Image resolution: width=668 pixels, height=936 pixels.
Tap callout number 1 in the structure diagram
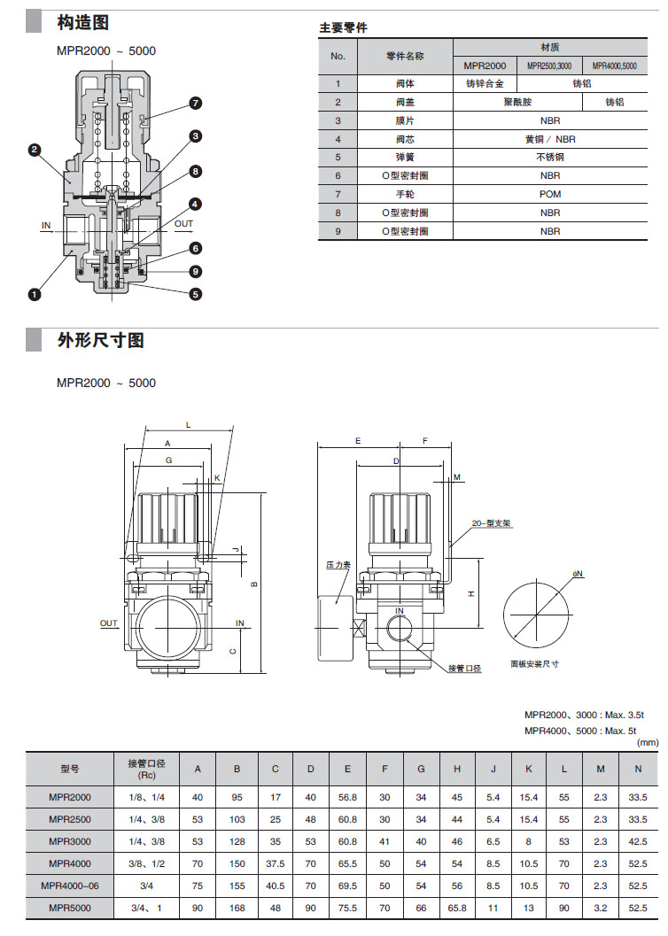(x=34, y=293)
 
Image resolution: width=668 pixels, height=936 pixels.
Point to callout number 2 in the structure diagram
(x=34, y=151)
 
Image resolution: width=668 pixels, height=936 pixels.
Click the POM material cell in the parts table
(x=549, y=194)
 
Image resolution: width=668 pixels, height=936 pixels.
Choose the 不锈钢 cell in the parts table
(x=549, y=157)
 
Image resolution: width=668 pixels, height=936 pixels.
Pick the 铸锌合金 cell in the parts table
(x=484, y=83)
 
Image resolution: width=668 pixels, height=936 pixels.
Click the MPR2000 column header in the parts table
(x=484, y=66)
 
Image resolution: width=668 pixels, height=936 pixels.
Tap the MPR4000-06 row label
(x=70, y=885)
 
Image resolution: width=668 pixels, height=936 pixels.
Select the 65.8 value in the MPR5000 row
(x=456, y=908)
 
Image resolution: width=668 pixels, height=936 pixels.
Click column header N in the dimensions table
(x=638, y=769)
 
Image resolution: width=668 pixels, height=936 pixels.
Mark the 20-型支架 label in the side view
(x=492, y=523)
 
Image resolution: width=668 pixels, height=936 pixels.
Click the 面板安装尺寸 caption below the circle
(x=534, y=663)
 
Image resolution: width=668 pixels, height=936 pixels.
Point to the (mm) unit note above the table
(x=648, y=742)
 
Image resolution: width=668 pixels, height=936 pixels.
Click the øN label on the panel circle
(x=578, y=574)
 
